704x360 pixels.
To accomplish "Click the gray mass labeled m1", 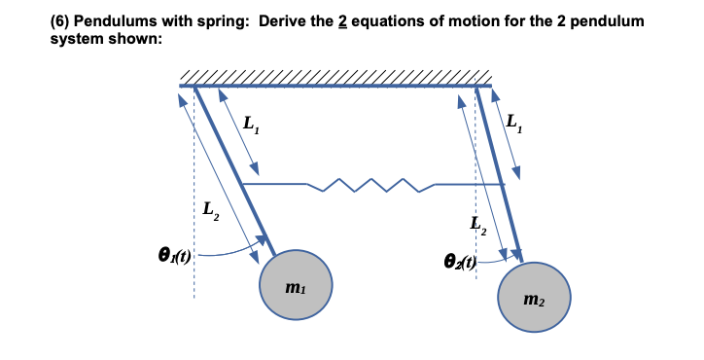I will click(299, 285).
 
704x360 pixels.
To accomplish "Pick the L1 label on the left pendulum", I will click(251, 123).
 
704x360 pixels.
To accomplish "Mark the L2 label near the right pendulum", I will click(478, 225).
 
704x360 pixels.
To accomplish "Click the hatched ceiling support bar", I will click(331, 78).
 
